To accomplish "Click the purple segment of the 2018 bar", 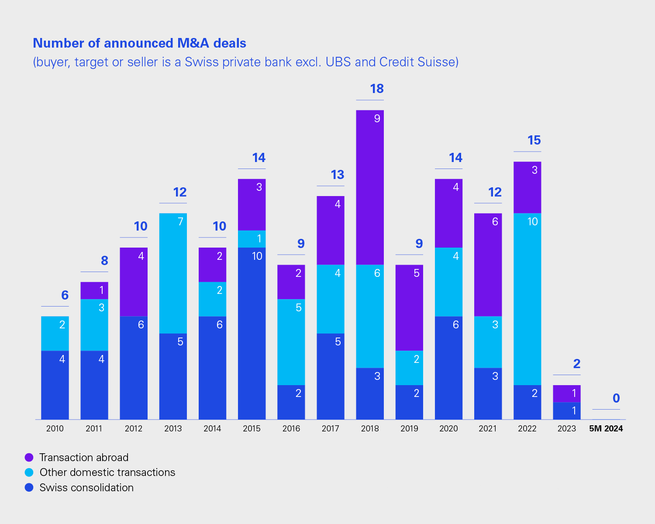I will click(x=370, y=187).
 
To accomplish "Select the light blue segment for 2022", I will click(x=527, y=299).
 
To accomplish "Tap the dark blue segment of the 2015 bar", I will click(x=252, y=334).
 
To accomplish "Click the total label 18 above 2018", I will click(x=376, y=89).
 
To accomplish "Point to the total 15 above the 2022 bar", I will click(x=534, y=140).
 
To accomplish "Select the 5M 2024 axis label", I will click(x=606, y=428).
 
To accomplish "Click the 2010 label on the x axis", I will click(x=55, y=428).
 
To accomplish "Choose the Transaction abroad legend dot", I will click(x=29, y=457).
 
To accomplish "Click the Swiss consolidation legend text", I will click(x=86, y=487).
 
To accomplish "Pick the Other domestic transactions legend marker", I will click(x=29, y=472).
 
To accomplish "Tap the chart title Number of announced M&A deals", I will click(x=139, y=43).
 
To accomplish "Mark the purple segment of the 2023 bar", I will click(x=566, y=393).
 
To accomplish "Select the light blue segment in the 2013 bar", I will click(x=173, y=273).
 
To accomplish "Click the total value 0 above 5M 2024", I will click(x=616, y=398).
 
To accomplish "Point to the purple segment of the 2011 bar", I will click(x=94, y=290).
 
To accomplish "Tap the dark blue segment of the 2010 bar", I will click(x=55, y=385).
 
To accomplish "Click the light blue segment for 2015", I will click(x=252, y=239).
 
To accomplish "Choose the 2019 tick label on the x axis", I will click(x=409, y=428).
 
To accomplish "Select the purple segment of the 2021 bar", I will click(x=488, y=265).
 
